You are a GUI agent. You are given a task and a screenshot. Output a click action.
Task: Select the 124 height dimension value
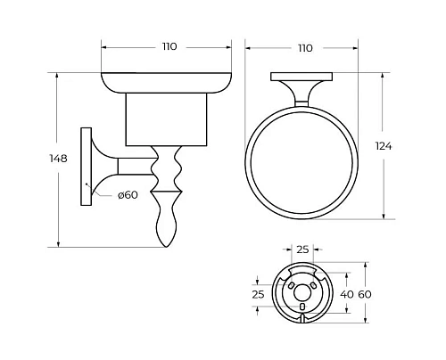409,145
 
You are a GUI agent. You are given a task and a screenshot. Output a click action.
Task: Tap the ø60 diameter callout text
128,195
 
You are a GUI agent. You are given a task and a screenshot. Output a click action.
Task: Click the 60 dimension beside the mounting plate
377,292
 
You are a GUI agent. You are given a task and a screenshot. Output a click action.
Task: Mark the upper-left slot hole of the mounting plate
289,282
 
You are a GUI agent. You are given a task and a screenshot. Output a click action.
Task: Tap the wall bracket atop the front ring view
304,87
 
